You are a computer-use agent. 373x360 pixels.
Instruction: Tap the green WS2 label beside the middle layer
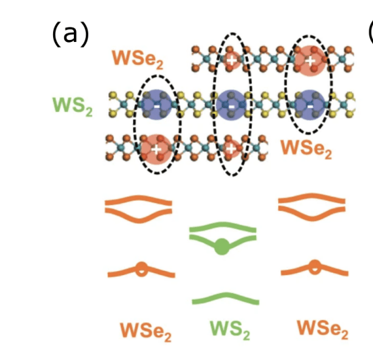tap(73, 105)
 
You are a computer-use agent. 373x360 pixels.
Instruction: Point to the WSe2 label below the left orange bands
tap(145, 331)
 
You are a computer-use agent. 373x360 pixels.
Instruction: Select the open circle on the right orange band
tap(315, 266)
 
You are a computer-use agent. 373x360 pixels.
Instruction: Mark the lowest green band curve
tap(225, 298)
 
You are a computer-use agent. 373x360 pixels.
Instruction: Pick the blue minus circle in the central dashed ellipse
tap(231, 105)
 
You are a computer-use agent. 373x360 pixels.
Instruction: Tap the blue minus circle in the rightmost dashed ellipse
tap(307, 105)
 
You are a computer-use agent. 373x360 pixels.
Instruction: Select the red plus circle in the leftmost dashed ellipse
tap(155, 149)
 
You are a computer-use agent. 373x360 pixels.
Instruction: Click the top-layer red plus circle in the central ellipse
tap(231, 60)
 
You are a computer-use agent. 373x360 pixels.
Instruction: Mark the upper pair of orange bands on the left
tap(139, 208)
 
